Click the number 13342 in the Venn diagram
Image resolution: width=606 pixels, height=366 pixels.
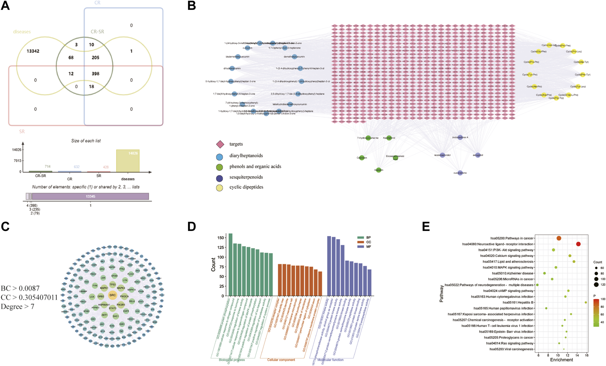pyautogui.click(x=33, y=51)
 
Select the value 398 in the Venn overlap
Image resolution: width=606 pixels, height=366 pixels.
pyautogui.click(x=95, y=74)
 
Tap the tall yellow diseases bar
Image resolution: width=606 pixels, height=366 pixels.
pyautogui.click(x=128, y=161)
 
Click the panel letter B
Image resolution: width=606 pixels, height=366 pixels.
pyautogui.click(x=192, y=6)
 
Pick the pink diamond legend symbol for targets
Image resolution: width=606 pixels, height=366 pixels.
pyautogui.click(x=220, y=144)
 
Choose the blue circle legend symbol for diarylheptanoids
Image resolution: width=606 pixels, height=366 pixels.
pyautogui.click(x=220, y=157)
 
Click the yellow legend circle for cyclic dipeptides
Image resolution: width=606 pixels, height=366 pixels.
pyautogui.click(x=220, y=187)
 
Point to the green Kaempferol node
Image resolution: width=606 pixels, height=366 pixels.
pyautogui.click(x=389, y=138)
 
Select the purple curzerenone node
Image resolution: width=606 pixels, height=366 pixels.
pyautogui.click(x=460, y=173)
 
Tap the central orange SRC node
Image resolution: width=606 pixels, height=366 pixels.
pyautogui.click(x=113, y=295)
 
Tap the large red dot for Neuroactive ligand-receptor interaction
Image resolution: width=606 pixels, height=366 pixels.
pyautogui.click(x=578, y=244)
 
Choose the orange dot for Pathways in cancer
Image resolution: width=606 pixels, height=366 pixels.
pyautogui.click(x=559, y=238)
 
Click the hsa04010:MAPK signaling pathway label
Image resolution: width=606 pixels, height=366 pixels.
pyautogui.click(x=508, y=267)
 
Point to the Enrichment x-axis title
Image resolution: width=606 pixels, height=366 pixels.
pyautogui.click(x=562, y=360)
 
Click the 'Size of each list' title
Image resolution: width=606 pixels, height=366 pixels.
pyautogui.click(x=86, y=141)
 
